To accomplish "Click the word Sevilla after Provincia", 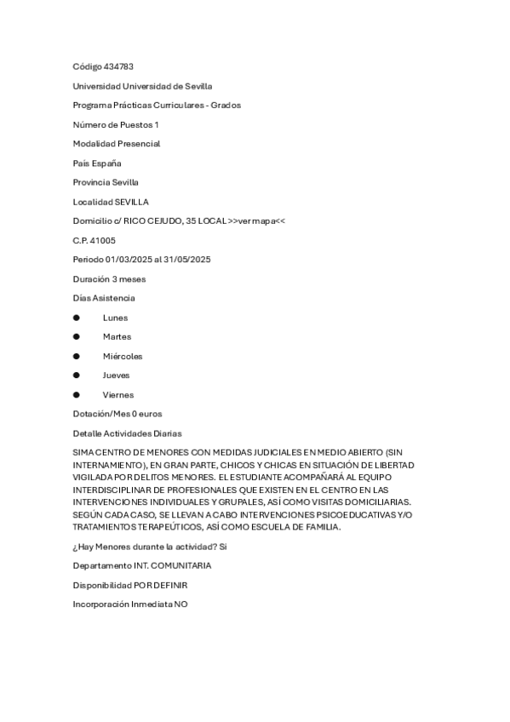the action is [x=126, y=182].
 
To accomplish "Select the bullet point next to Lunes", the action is [x=77, y=318].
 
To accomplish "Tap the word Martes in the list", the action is [x=117, y=337].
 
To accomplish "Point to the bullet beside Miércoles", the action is [x=77, y=356].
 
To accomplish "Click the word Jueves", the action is [x=116, y=375].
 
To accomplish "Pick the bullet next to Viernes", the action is [x=77, y=395].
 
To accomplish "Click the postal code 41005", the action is [x=104, y=241].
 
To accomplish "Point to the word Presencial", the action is [x=139, y=144].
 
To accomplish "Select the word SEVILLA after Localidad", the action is [x=131, y=202].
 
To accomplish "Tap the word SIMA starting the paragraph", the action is [x=83, y=451].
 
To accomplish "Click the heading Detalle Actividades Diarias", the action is [x=127, y=433].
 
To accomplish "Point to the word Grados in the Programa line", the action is [x=226, y=106].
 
